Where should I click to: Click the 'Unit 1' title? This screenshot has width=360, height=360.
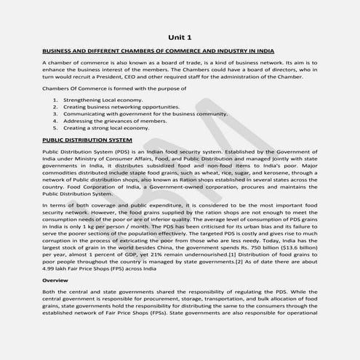[x=180, y=37]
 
